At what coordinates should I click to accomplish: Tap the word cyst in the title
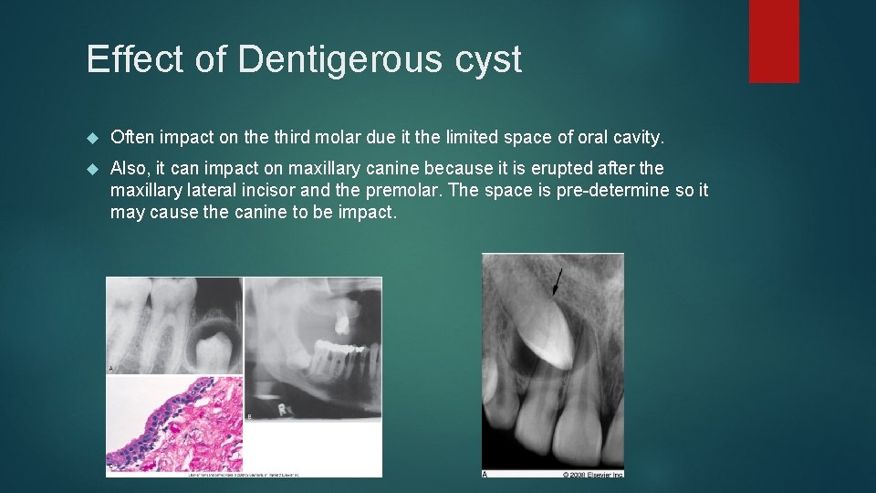click(x=491, y=60)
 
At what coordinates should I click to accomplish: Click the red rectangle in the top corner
click(x=774, y=41)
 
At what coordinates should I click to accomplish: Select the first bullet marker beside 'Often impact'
click(x=92, y=138)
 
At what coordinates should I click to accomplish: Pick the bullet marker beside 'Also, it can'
click(x=92, y=169)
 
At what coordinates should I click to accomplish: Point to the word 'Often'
click(x=133, y=138)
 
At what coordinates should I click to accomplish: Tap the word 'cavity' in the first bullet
click(x=638, y=138)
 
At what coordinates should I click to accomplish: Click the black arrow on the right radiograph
click(x=556, y=282)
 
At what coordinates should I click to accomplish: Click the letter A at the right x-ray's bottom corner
click(x=485, y=473)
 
